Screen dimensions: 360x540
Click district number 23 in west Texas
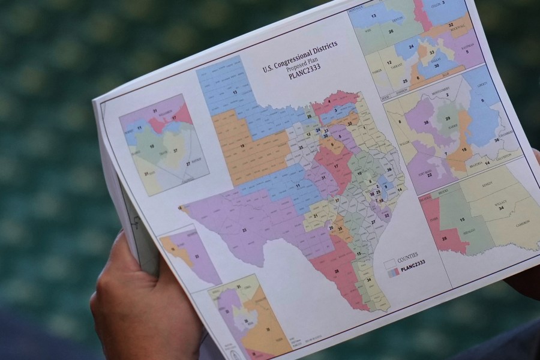click(245, 230)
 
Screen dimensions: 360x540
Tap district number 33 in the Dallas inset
click(431, 53)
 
